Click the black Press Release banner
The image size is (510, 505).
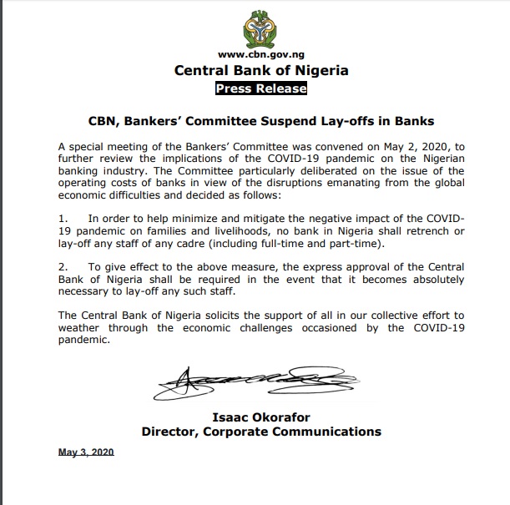[261, 88]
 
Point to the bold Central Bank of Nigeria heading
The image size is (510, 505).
[261, 71]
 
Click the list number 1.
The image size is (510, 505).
[63, 217]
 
